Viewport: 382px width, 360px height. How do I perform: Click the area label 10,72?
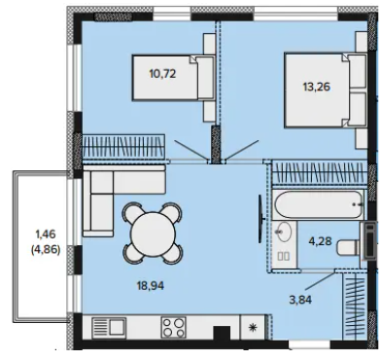coord(162,74)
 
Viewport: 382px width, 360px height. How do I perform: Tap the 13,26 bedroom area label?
coord(317,87)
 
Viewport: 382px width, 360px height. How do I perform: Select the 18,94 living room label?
coord(151,286)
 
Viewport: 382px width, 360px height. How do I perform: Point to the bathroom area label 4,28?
coord(320,241)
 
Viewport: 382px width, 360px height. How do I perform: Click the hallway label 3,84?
coord(300,300)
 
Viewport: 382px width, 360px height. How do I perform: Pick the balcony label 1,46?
coord(46,234)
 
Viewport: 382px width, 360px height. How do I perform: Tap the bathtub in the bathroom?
coord(319,204)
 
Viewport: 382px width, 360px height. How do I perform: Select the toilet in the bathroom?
coord(349,248)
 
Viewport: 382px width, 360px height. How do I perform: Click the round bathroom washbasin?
coord(283,232)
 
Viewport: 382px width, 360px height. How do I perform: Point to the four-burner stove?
coord(173,327)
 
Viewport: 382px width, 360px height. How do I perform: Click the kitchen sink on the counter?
coord(109,327)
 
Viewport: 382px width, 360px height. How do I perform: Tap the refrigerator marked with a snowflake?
coord(253,327)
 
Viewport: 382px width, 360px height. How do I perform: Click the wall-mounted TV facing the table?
coord(260,219)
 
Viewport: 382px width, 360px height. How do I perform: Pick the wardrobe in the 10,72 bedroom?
coord(123,146)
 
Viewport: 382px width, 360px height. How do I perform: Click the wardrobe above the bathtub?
coord(320,172)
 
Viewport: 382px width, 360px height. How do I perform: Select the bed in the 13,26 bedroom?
coord(326,90)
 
